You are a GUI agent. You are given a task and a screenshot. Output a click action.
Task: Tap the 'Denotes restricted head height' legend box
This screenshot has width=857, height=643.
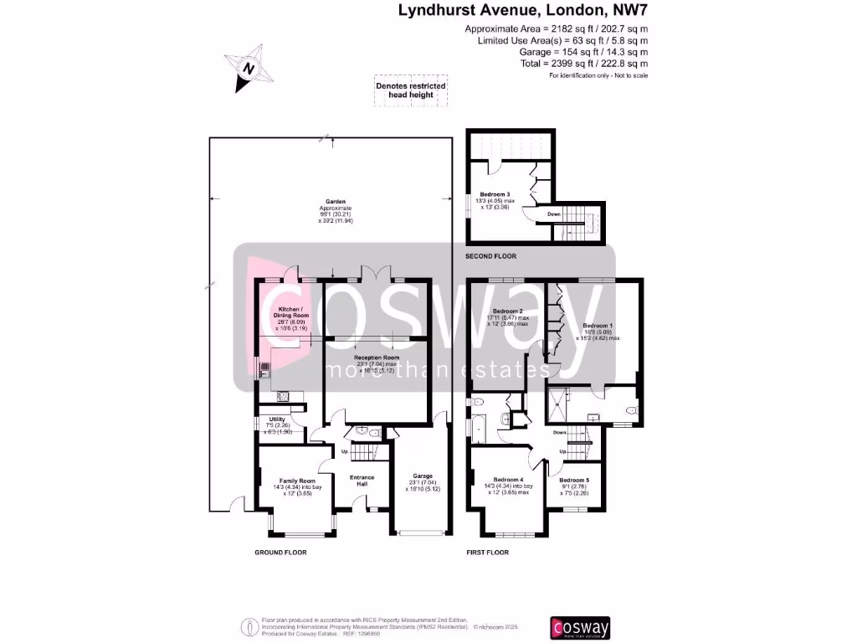[x=410, y=90]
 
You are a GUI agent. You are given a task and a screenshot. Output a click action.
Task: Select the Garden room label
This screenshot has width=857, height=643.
[x=335, y=202]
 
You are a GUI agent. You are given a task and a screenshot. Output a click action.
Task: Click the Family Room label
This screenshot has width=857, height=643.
[x=295, y=481]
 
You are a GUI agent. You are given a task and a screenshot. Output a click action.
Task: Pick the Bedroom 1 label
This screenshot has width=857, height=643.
[x=598, y=326]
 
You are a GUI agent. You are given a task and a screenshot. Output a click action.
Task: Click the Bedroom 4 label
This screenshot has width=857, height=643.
[x=509, y=479]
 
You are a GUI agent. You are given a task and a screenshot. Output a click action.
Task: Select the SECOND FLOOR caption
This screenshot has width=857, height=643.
[x=491, y=255]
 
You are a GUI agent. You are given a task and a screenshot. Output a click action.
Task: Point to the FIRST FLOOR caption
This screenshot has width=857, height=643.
[x=487, y=553]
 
